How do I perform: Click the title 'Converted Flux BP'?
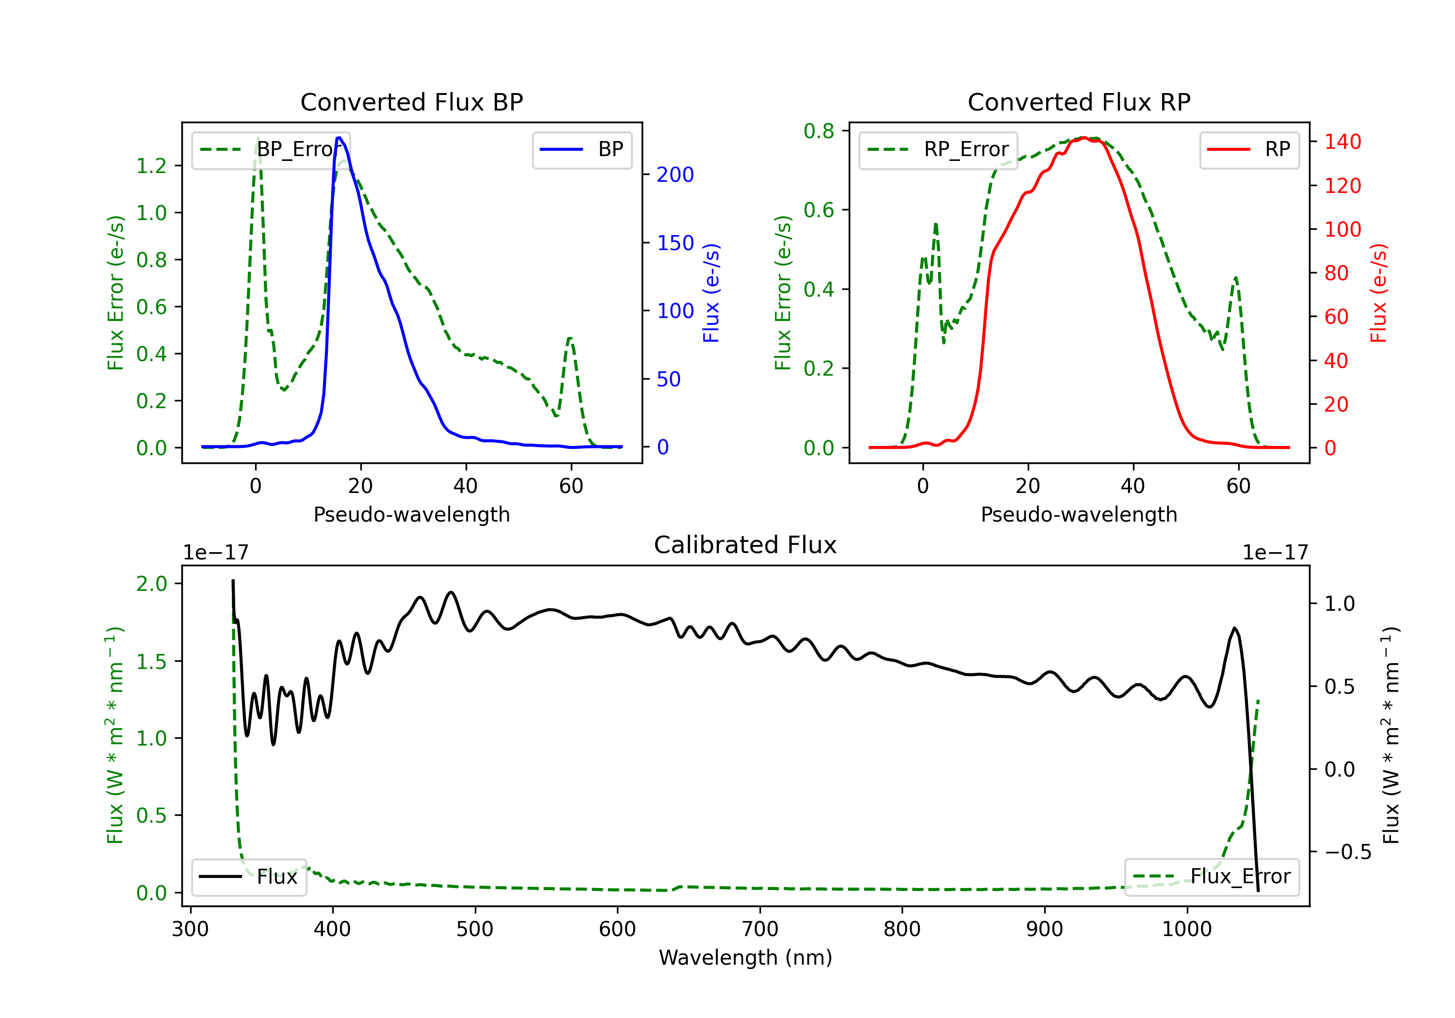[411, 102]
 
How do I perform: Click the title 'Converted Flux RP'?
[1079, 102]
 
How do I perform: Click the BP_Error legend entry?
[271, 149]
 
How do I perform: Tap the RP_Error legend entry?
[938, 149]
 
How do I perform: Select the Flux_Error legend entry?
[1212, 877]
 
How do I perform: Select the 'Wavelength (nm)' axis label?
[745, 957]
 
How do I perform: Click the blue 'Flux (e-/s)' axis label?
[711, 293]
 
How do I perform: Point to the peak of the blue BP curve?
[339, 138]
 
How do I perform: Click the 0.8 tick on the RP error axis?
[819, 131]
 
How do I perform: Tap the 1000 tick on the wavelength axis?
[1186, 929]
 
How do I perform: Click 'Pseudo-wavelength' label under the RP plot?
[1079, 514]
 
